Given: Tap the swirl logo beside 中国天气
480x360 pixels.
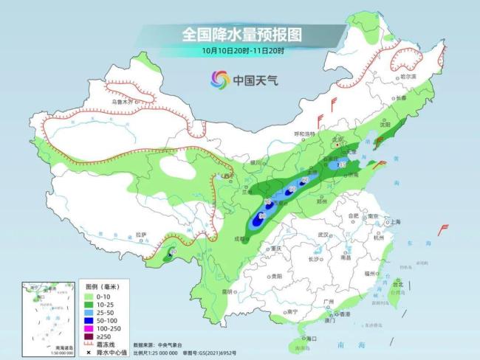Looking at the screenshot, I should click(x=219, y=79).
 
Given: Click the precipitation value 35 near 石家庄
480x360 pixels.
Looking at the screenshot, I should click(x=341, y=165).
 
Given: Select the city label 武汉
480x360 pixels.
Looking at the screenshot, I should click(x=322, y=235).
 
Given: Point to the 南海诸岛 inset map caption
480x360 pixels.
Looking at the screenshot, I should click(x=48, y=345).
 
